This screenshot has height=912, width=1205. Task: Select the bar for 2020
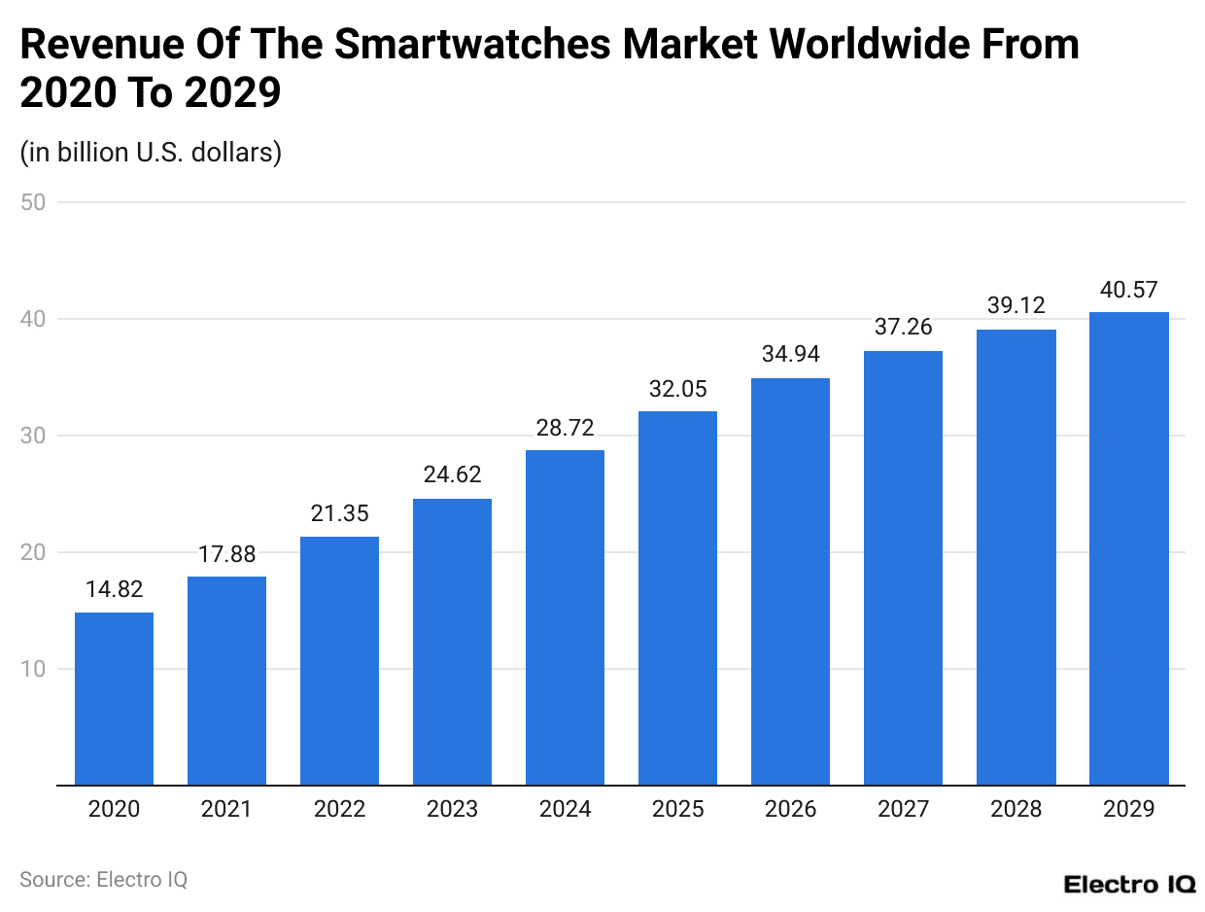point(114,698)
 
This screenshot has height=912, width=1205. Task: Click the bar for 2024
point(565,617)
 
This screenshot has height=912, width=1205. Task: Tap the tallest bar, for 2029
point(1128,548)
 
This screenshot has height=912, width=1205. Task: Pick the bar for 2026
point(790,581)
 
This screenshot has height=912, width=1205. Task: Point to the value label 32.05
point(677,388)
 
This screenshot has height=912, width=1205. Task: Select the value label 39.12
point(1016,305)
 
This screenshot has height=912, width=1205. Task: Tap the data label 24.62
point(452,475)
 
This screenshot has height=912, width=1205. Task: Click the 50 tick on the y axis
point(37,202)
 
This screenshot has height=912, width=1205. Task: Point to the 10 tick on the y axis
point(37,669)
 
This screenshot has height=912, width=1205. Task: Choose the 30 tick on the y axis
point(37,436)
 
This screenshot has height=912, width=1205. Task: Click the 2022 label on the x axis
point(339,809)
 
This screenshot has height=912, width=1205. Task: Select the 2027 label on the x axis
point(903,809)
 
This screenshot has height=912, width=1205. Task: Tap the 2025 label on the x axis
point(677,809)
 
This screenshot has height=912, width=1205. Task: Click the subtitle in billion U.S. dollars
point(151,153)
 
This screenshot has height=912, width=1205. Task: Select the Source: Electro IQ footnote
point(103,879)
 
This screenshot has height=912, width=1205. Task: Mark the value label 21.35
point(339,513)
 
